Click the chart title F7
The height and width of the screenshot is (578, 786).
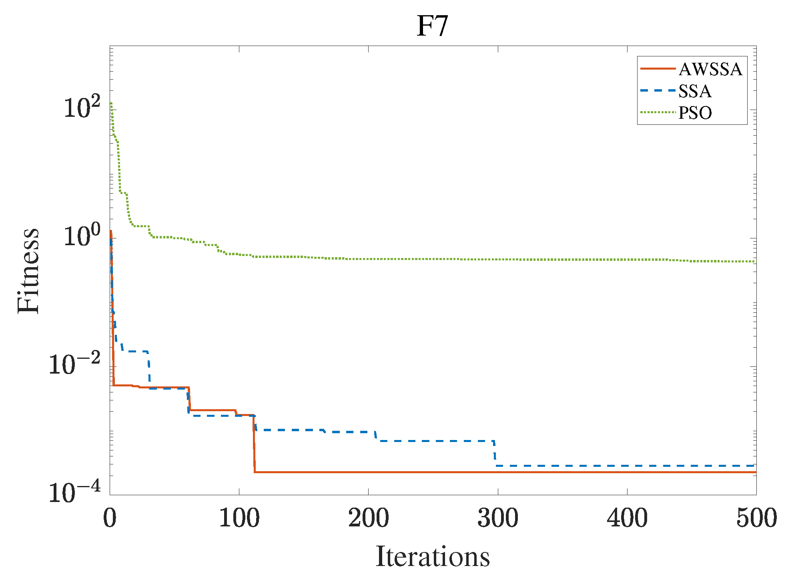432,26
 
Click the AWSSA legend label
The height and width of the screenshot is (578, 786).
710,69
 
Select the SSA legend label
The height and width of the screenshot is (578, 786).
695,91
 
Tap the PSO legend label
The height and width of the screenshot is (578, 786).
695,113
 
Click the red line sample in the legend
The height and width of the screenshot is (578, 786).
658,69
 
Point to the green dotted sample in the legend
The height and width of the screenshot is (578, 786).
658,112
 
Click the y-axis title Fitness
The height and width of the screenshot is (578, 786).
28,271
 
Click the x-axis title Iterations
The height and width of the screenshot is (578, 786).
433,556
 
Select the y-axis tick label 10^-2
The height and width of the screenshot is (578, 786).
74,364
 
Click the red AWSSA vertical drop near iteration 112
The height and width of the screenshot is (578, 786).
254,444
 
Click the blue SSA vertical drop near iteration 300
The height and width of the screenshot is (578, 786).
495,453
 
